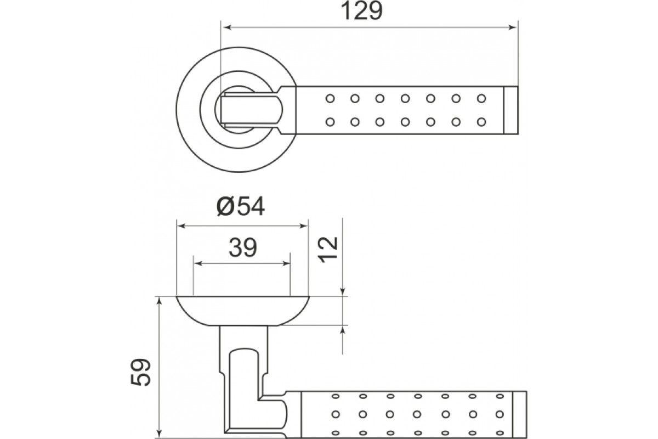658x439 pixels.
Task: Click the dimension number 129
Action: tap(361, 11)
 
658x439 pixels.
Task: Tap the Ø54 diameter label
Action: tap(241, 206)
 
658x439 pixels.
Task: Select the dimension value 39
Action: tap(242, 247)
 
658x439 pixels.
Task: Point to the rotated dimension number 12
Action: tap(328, 249)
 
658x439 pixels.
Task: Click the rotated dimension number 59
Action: tap(140, 372)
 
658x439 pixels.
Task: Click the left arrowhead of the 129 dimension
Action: tap(228, 27)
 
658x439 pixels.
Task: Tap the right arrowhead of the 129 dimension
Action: tap(513, 27)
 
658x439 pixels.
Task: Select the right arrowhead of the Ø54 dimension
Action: tap(303, 226)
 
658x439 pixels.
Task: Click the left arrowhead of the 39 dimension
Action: tap(198, 263)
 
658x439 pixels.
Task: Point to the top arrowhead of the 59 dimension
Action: tap(159, 301)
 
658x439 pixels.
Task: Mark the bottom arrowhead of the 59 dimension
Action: tap(159, 434)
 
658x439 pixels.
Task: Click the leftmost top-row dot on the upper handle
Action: tap(330, 98)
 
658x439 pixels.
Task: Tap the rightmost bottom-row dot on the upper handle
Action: tap(481, 122)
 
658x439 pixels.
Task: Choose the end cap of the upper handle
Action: tap(511, 110)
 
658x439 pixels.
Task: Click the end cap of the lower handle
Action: tap(520, 415)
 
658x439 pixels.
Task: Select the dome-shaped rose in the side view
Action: tap(242, 311)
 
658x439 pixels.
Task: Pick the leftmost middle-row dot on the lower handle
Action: tap(336, 414)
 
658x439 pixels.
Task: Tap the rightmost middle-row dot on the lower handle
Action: tap(500, 414)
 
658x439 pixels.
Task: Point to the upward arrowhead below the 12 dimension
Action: tap(343, 331)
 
